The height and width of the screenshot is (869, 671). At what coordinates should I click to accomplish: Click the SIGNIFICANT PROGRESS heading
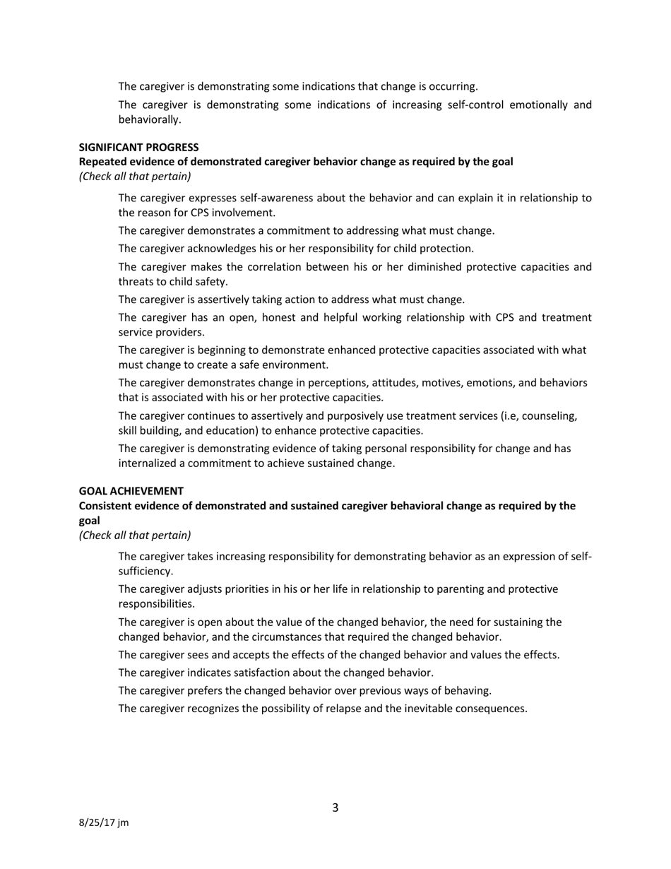(x=138, y=147)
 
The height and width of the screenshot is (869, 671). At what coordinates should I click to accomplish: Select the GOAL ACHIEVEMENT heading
(x=131, y=490)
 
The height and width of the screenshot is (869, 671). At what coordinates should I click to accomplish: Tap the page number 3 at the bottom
(x=335, y=808)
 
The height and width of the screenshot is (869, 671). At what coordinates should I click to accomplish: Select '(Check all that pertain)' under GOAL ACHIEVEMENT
(x=134, y=535)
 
